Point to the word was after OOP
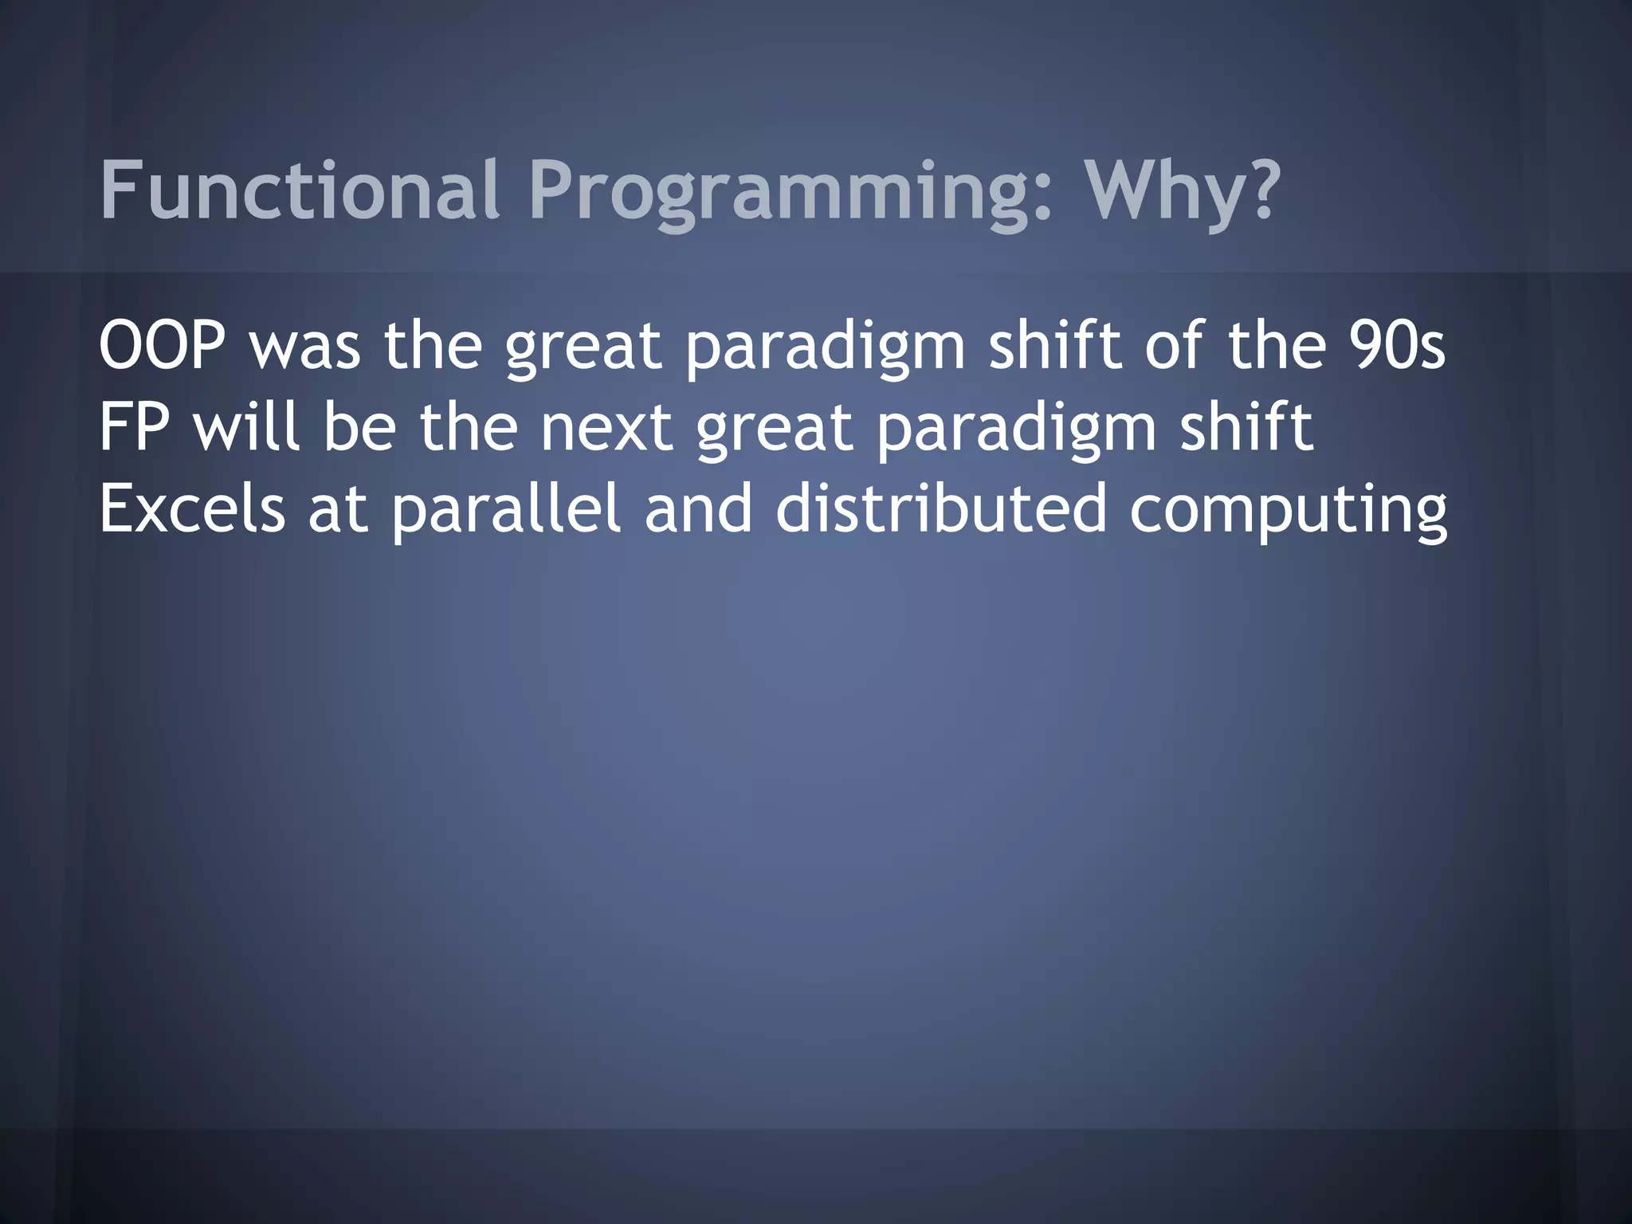(x=306, y=347)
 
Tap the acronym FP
(x=133, y=428)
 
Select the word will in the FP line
(x=248, y=428)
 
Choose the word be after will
(x=359, y=428)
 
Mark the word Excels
(x=192, y=510)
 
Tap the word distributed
(x=941, y=510)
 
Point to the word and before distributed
(x=698, y=510)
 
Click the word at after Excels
(x=338, y=510)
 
